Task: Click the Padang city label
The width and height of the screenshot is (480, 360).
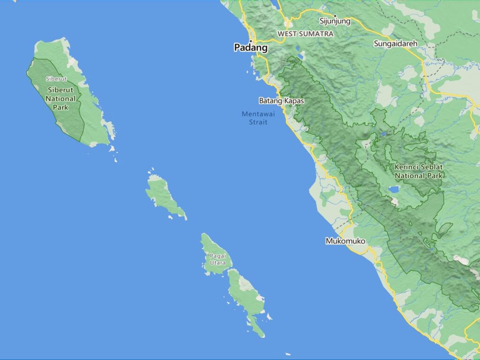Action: click(x=251, y=48)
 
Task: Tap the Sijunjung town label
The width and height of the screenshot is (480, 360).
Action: click(x=335, y=21)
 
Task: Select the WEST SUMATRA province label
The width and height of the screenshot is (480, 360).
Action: click(x=305, y=34)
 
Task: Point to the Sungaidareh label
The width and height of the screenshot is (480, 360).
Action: click(x=395, y=44)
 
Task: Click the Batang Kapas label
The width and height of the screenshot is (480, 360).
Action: click(x=281, y=101)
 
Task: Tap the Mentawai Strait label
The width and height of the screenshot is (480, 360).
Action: click(x=255, y=118)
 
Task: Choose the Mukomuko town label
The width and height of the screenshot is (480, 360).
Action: click(x=345, y=241)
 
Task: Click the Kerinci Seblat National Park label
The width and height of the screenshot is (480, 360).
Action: click(x=419, y=171)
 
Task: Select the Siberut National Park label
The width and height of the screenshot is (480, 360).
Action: click(x=60, y=98)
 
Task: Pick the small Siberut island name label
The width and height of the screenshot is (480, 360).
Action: click(x=56, y=79)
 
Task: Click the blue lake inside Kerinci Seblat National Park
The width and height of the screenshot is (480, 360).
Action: click(x=394, y=190)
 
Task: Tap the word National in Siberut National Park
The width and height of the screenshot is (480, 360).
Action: click(x=60, y=98)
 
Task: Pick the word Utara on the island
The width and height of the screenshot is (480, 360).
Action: click(x=217, y=263)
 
